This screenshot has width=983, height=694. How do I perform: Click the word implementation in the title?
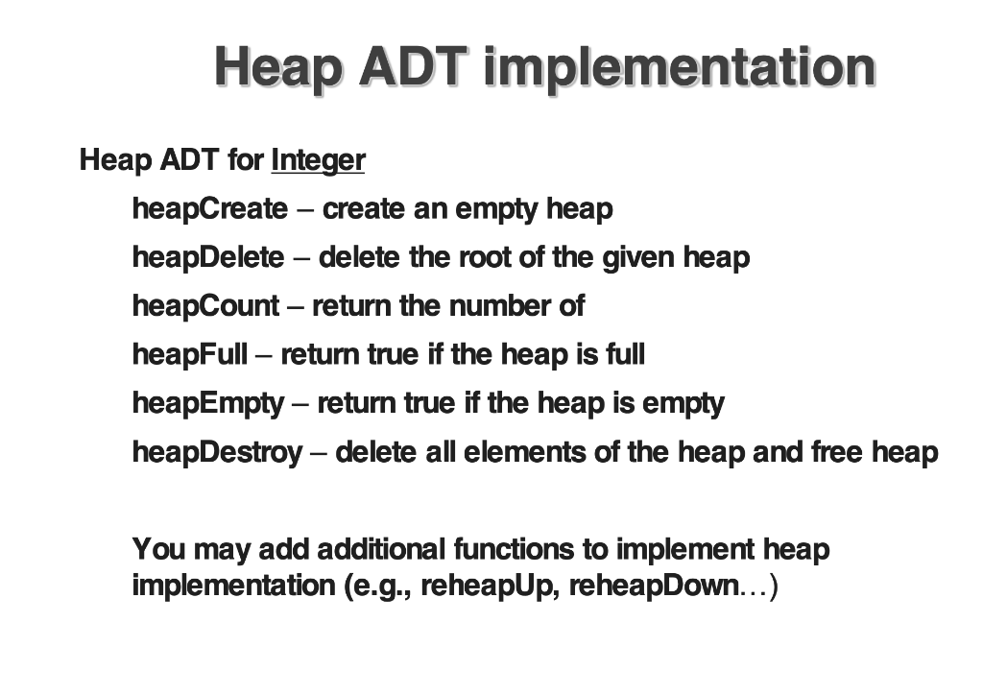[680, 67]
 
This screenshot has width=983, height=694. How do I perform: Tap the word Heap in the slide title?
[278, 67]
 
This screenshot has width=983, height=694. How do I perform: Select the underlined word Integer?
[318, 159]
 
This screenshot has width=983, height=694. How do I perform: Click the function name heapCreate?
[209, 208]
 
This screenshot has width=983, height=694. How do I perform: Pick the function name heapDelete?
[208, 257]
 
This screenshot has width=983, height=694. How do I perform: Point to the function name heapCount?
[206, 306]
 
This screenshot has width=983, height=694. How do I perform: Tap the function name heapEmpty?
[208, 403]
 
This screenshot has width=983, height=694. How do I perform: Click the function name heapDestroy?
[217, 452]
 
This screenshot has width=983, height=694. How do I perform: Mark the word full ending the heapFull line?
[625, 354]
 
